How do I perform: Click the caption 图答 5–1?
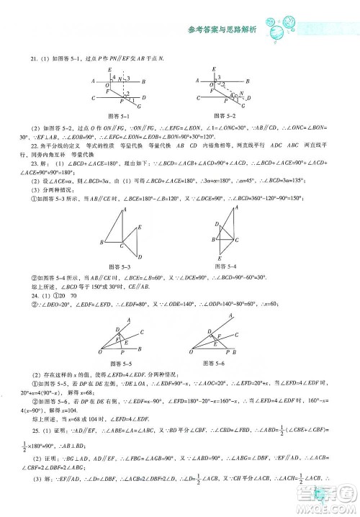tap(117, 114)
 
